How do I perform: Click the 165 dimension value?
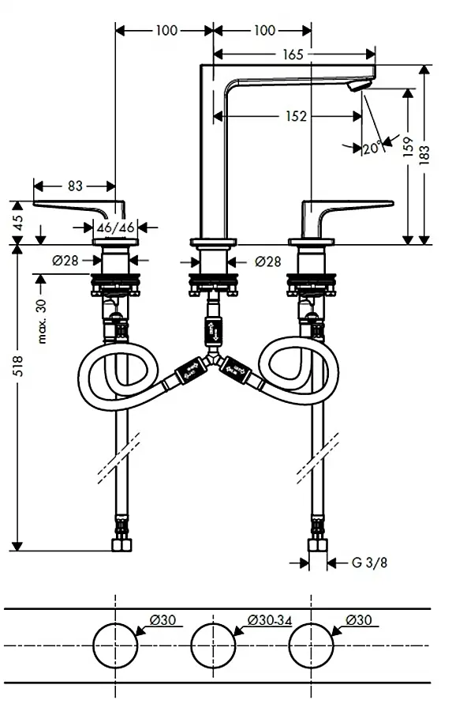coord(293,55)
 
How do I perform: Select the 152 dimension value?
coord(296,117)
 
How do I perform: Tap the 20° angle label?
coord(372,148)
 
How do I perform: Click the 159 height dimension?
coord(408,146)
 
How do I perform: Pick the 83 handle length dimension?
coord(75,186)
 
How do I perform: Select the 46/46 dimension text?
coord(116,228)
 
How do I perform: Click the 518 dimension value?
coord(17,366)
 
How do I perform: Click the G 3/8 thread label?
coord(370,562)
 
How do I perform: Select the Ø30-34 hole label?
coord(270,620)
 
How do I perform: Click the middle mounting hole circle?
coord(213,645)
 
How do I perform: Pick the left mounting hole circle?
coord(115,645)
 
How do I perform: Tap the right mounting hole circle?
coord(311,645)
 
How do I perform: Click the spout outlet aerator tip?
coord(359,86)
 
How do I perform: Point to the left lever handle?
coord(78,210)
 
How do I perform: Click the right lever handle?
coord(348,210)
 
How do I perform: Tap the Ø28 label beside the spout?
coord(267,261)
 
